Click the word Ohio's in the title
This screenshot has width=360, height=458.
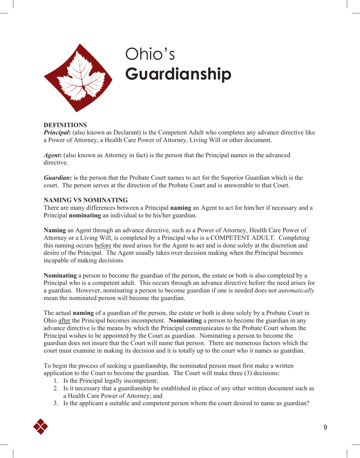150,55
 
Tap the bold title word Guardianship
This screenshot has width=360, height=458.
178,74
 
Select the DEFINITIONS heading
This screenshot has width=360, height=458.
65,125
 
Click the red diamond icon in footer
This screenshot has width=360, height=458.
41,427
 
